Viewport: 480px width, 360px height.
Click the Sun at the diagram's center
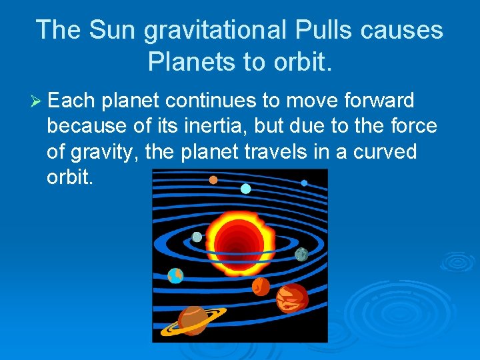[x=239, y=237]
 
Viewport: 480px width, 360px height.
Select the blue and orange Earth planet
[x=175, y=275]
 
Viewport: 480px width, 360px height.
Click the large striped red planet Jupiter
[x=292, y=298]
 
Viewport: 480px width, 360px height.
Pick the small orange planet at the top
[x=213, y=179]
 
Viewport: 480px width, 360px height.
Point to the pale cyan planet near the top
[x=245, y=189]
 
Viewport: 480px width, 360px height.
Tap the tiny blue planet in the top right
[x=304, y=183]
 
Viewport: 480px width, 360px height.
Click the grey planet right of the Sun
[x=301, y=254]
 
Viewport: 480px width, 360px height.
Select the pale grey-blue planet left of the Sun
[x=197, y=237]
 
